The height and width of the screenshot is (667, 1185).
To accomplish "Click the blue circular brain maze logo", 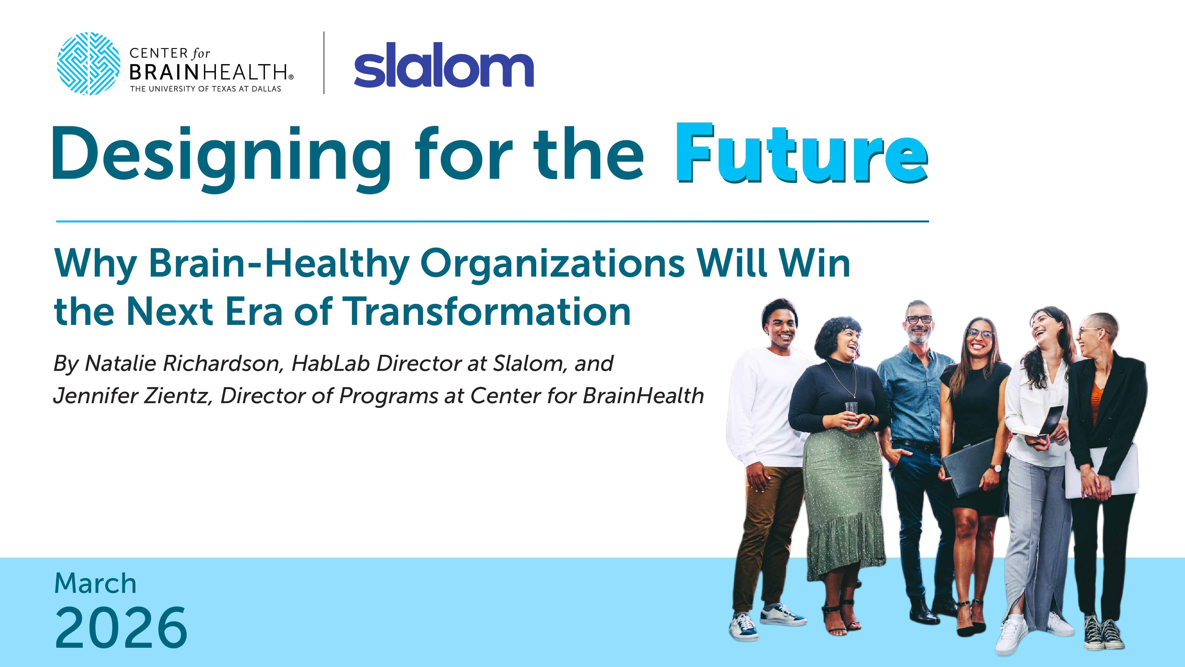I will coord(88,63).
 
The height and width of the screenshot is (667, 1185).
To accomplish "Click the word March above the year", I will coord(95,584).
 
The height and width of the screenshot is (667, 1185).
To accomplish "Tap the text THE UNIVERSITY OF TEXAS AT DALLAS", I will coord(205,89).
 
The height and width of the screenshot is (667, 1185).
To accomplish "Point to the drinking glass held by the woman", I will coord(851,413).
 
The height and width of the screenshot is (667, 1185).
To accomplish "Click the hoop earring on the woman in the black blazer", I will coord(1102,345).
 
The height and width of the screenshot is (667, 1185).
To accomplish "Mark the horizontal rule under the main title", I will coord(492,221).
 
